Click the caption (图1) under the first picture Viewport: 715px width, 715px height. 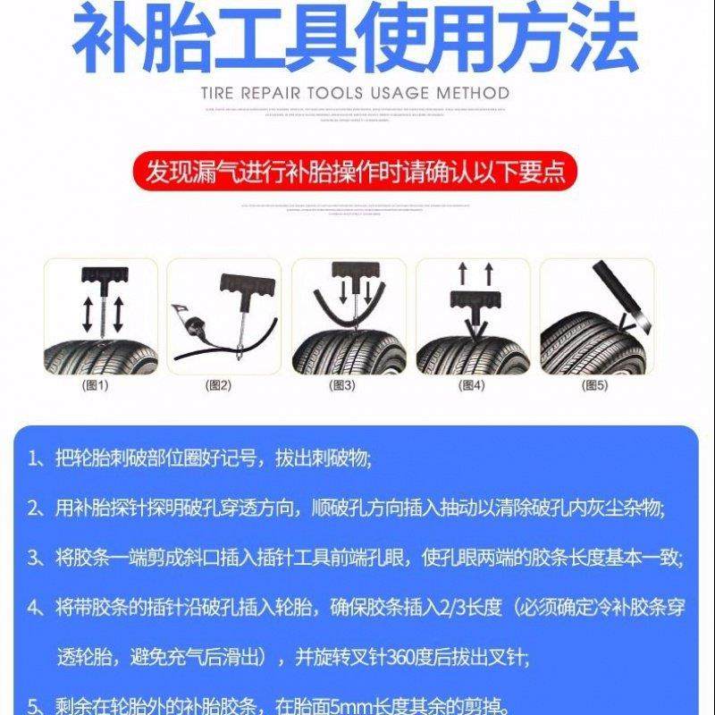95,385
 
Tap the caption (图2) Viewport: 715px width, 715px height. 219,385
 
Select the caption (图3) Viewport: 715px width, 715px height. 343,385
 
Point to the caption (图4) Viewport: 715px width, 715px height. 471,385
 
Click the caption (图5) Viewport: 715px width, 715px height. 594,385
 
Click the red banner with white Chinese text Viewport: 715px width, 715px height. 357,170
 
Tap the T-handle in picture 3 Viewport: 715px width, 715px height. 350,270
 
